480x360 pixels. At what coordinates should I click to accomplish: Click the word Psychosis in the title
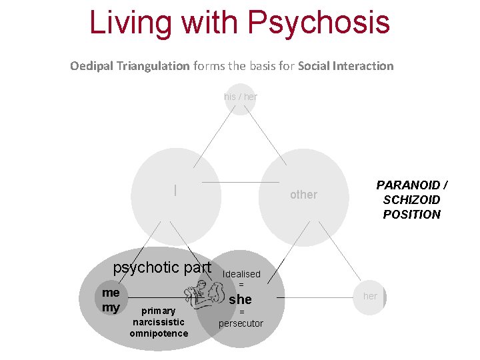(318, 22)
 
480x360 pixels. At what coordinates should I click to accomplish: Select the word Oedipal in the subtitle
(92, 66)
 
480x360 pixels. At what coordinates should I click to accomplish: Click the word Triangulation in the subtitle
(153, 66)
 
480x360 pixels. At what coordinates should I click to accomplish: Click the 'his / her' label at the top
(241, 97)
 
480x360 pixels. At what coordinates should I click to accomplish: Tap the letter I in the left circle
(175, 191)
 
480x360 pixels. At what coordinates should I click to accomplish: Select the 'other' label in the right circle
(303, 195)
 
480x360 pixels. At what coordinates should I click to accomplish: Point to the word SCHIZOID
(412, 199)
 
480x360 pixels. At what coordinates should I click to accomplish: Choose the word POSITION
(412, 214)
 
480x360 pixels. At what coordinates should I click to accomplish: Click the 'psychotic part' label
(162, 268)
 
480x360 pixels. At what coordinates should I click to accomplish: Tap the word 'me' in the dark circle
(111, 293)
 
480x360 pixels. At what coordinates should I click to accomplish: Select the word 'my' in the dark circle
(111, 307)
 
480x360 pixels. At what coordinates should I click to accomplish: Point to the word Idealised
(241, 274)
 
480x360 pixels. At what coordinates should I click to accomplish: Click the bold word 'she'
(241, 299)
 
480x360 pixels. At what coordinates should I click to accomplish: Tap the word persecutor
(241, 323)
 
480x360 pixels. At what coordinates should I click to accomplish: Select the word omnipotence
(159, 333)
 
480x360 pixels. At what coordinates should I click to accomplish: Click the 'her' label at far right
(370, 296)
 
